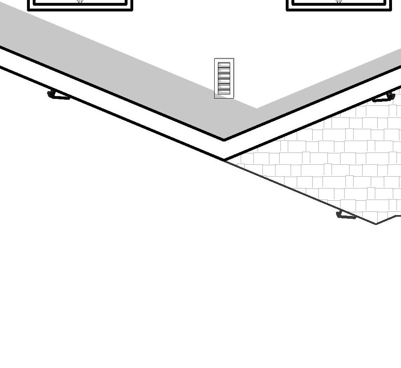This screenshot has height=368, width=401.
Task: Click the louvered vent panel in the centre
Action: coord(224,78)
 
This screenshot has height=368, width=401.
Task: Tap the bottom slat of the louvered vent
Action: coord(224,92)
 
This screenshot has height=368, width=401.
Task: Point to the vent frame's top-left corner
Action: coord(215,58)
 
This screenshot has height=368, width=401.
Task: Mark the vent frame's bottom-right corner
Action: coord(233,98)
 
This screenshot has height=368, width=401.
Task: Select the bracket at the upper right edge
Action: coord(384,98)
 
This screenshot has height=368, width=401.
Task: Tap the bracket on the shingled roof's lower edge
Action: coord(346,215)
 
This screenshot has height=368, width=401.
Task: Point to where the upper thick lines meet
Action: coord(224,140)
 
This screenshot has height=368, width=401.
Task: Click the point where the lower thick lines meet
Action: coord(224,160)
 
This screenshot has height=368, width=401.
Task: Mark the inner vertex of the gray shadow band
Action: coord(257,108)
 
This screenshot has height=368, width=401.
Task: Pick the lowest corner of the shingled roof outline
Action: coord(376,224)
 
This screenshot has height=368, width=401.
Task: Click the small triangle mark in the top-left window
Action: coord(80,2)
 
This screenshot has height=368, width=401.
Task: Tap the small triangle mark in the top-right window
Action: coord(338,2)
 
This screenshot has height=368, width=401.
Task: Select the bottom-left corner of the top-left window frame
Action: coord(28,10)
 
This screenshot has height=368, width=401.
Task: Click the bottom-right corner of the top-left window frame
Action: coord(132,10)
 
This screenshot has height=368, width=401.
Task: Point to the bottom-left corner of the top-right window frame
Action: coord(287,10)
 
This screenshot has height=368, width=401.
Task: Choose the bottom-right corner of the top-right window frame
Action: coord(391,10)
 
